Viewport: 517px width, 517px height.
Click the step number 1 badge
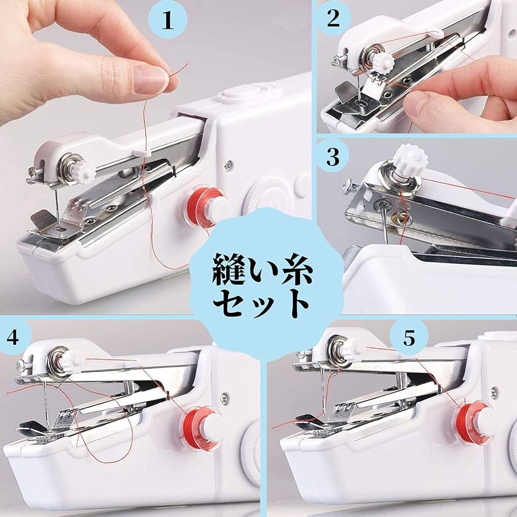click(168, 20)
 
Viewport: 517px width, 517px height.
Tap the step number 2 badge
click(333, 18)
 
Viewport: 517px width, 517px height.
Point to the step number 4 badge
click(13, 337)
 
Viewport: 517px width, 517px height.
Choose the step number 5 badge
click(409, 338)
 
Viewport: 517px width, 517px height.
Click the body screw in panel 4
click(224, 397)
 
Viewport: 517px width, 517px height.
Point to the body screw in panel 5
click(494, 392)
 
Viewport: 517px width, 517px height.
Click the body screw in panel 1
click(228, 165)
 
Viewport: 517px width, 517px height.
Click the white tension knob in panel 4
click(71, 361)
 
